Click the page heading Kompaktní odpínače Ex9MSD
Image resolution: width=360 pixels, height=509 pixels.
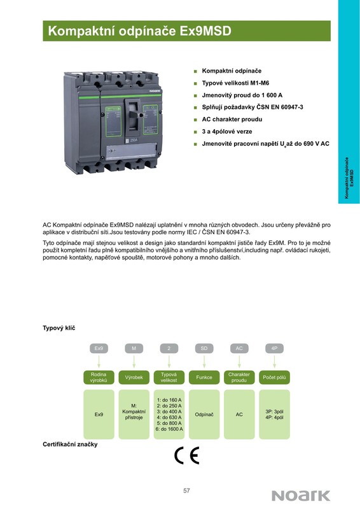coord(139,31)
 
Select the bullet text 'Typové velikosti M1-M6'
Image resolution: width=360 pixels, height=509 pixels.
coord(235,83)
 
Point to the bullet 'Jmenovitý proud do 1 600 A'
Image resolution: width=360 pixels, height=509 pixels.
coord(242,95)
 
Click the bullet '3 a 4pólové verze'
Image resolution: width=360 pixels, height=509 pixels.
coord(227,132)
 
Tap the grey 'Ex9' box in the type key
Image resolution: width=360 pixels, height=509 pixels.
coord(99,348)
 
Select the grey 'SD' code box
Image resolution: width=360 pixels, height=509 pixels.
coord(204,348)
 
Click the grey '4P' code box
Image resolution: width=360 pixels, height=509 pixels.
coord(274,348)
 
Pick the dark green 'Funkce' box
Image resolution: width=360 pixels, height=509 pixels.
coord(204,377)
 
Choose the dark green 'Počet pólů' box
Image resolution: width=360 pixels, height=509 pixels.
coord(274,377)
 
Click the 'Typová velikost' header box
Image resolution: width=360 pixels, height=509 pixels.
coord(169,377)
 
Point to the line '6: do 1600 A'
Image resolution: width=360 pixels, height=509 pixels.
coord(169,429)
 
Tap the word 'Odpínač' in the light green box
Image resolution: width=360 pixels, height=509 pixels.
coord(204,415)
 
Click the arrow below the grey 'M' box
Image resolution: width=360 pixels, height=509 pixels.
coord(134,361)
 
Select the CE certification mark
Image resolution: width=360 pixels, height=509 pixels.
coord(186,456)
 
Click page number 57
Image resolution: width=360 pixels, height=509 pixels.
coord(186,491)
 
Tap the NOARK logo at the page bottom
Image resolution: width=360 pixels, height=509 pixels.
coord(301,496)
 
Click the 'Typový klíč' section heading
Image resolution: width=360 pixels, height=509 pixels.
coord(59,328)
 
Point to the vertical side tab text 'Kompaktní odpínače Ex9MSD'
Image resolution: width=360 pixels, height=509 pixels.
coord(349,178)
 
